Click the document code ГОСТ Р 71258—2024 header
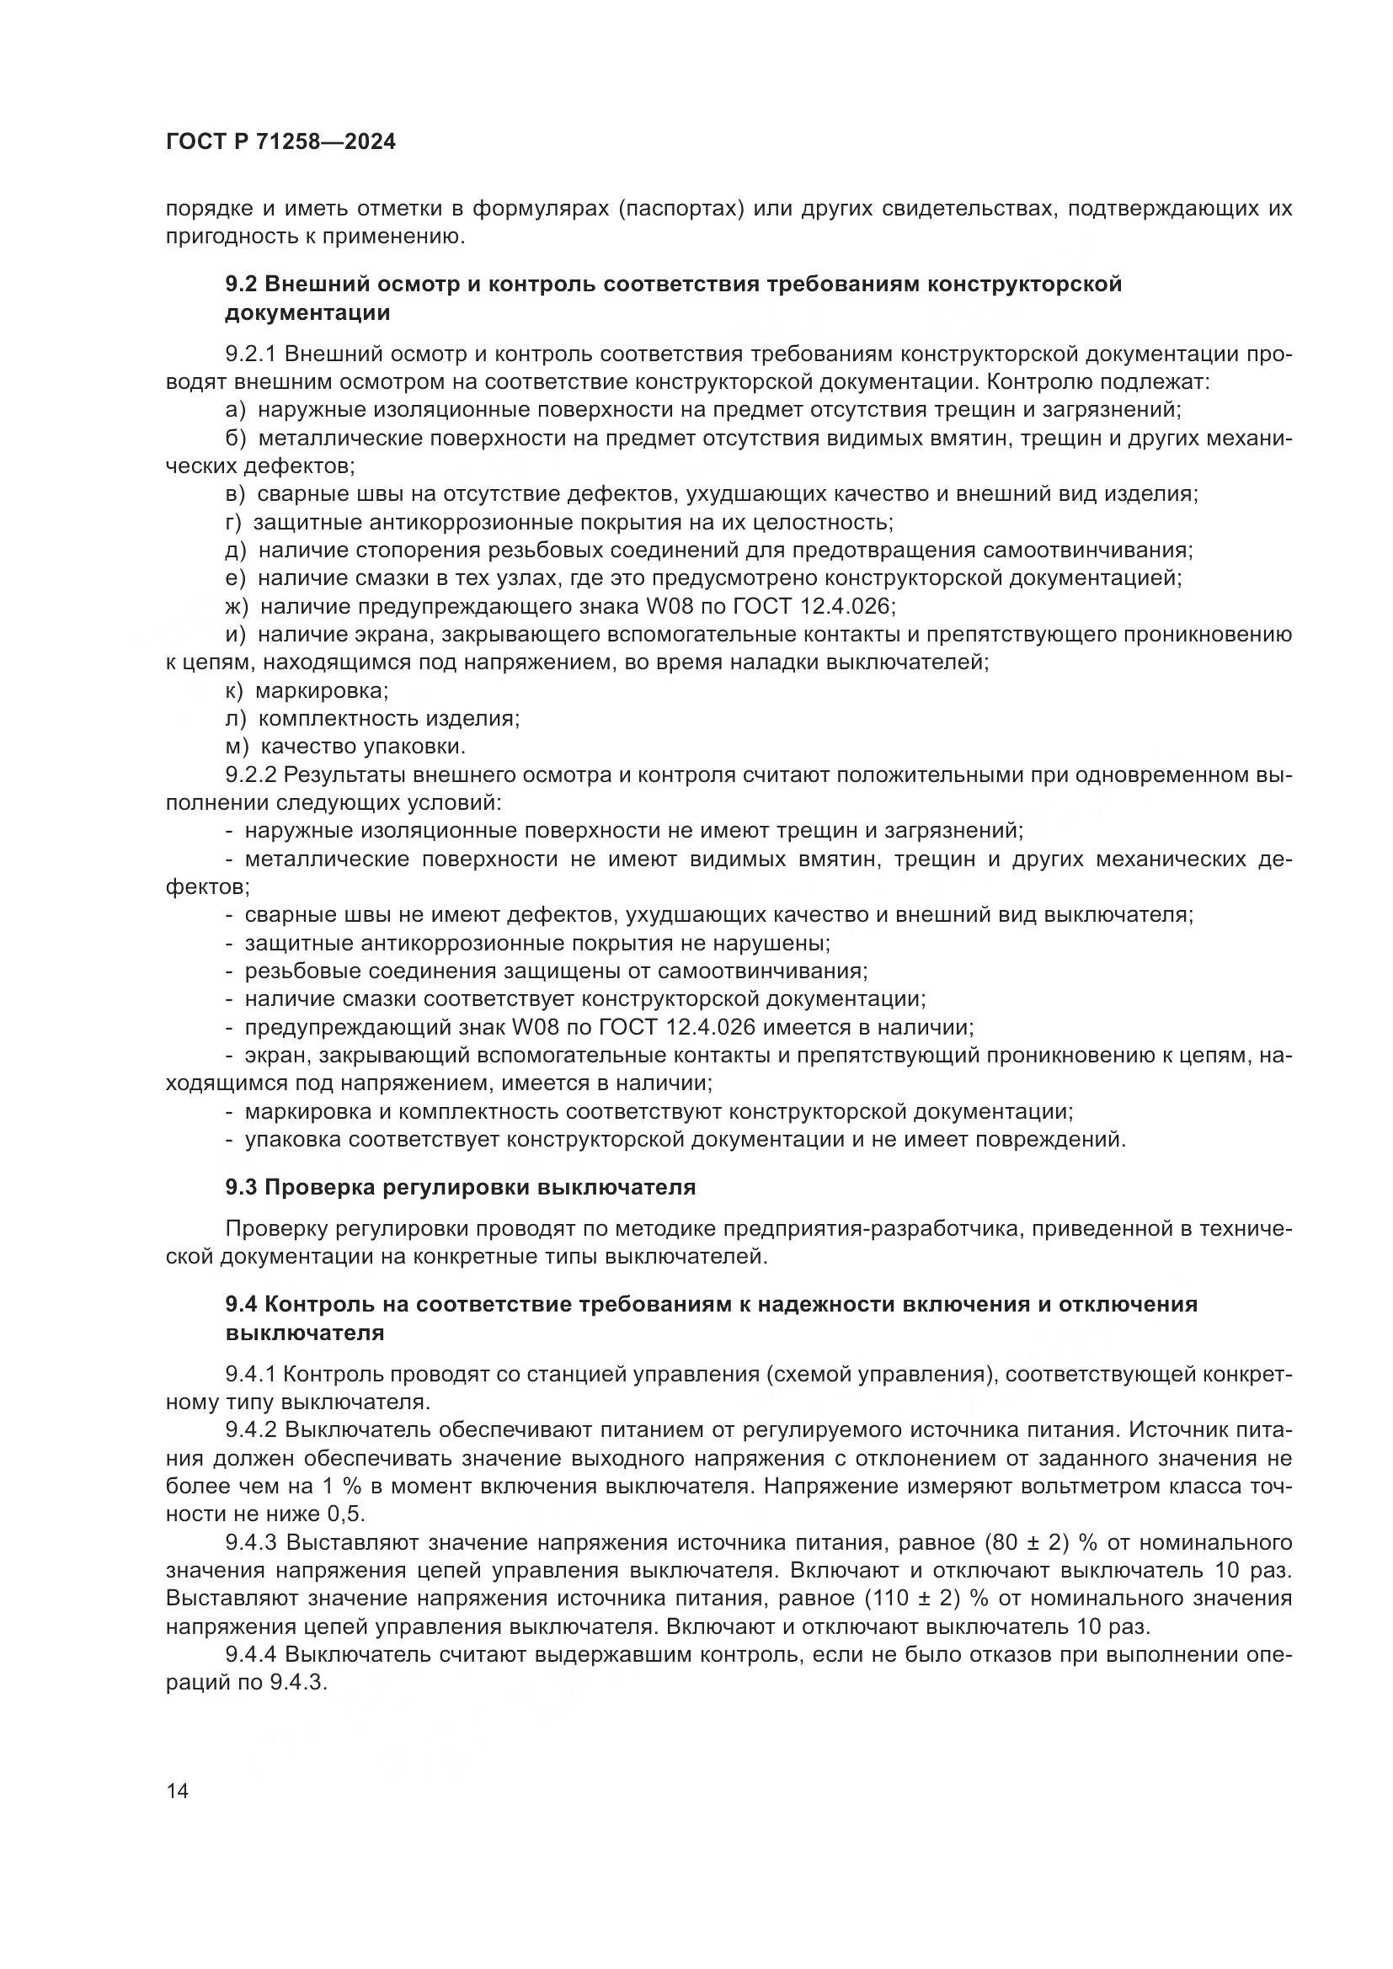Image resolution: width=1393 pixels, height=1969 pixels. (280, 142)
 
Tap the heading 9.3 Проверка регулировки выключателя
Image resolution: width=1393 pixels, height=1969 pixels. (461, 1188)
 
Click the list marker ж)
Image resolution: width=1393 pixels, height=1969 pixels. (236, 607)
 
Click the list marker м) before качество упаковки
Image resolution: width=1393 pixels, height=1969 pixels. (237, 747)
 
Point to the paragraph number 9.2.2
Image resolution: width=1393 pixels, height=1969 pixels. (251, 775)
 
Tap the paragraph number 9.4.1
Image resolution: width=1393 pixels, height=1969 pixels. (250, 1375)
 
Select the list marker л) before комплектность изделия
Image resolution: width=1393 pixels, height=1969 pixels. (235, 719)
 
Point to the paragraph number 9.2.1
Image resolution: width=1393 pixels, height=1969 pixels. (250, 354)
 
